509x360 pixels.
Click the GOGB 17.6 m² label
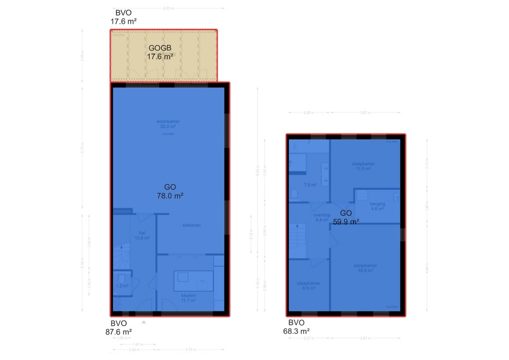tap(160, 52)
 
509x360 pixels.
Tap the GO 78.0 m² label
tap(170, 191)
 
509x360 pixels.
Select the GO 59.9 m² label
tap(346, 218)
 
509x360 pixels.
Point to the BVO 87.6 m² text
tap(120, 328)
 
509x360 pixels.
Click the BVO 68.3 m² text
tap(298, 327)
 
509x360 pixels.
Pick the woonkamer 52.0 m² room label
tap(168, 124)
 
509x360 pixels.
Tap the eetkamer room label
tap(191, 225)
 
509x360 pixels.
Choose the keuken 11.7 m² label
tap(188, 297)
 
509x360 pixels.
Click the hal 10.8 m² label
tap(142, 235)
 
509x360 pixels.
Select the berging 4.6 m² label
tap(377, 206)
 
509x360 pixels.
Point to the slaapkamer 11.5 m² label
tap(363, 166)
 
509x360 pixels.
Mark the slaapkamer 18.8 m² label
tap(365, 268)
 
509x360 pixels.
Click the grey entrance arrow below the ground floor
tap(144, 322)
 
